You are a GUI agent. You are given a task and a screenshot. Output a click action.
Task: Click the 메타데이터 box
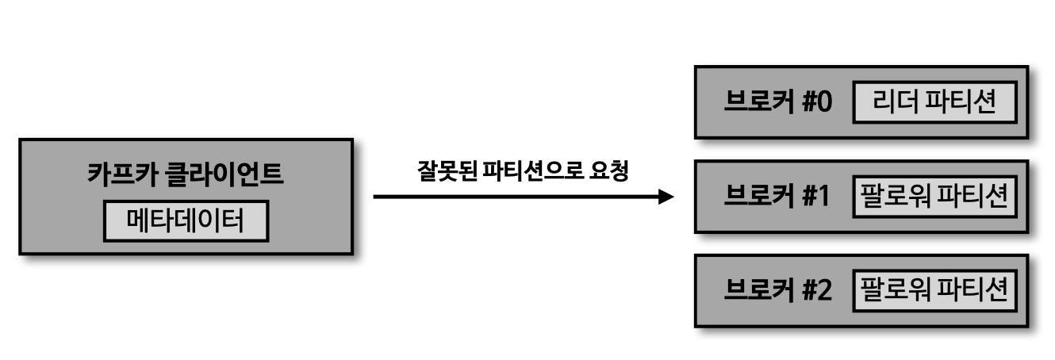point(186,219)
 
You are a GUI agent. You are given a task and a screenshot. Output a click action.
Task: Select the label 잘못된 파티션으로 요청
point(522,171)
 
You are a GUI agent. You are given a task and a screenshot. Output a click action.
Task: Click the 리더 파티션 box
point(934,104)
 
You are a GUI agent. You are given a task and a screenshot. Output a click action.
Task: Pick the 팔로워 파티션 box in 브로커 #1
point(934,197)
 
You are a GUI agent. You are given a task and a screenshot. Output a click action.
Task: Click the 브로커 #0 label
point(777,104)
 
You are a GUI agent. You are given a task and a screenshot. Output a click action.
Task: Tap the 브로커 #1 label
point(777,197)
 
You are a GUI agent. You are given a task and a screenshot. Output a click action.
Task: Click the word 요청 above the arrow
point(610,171)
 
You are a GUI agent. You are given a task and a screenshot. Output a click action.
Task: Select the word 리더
point(891,104)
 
